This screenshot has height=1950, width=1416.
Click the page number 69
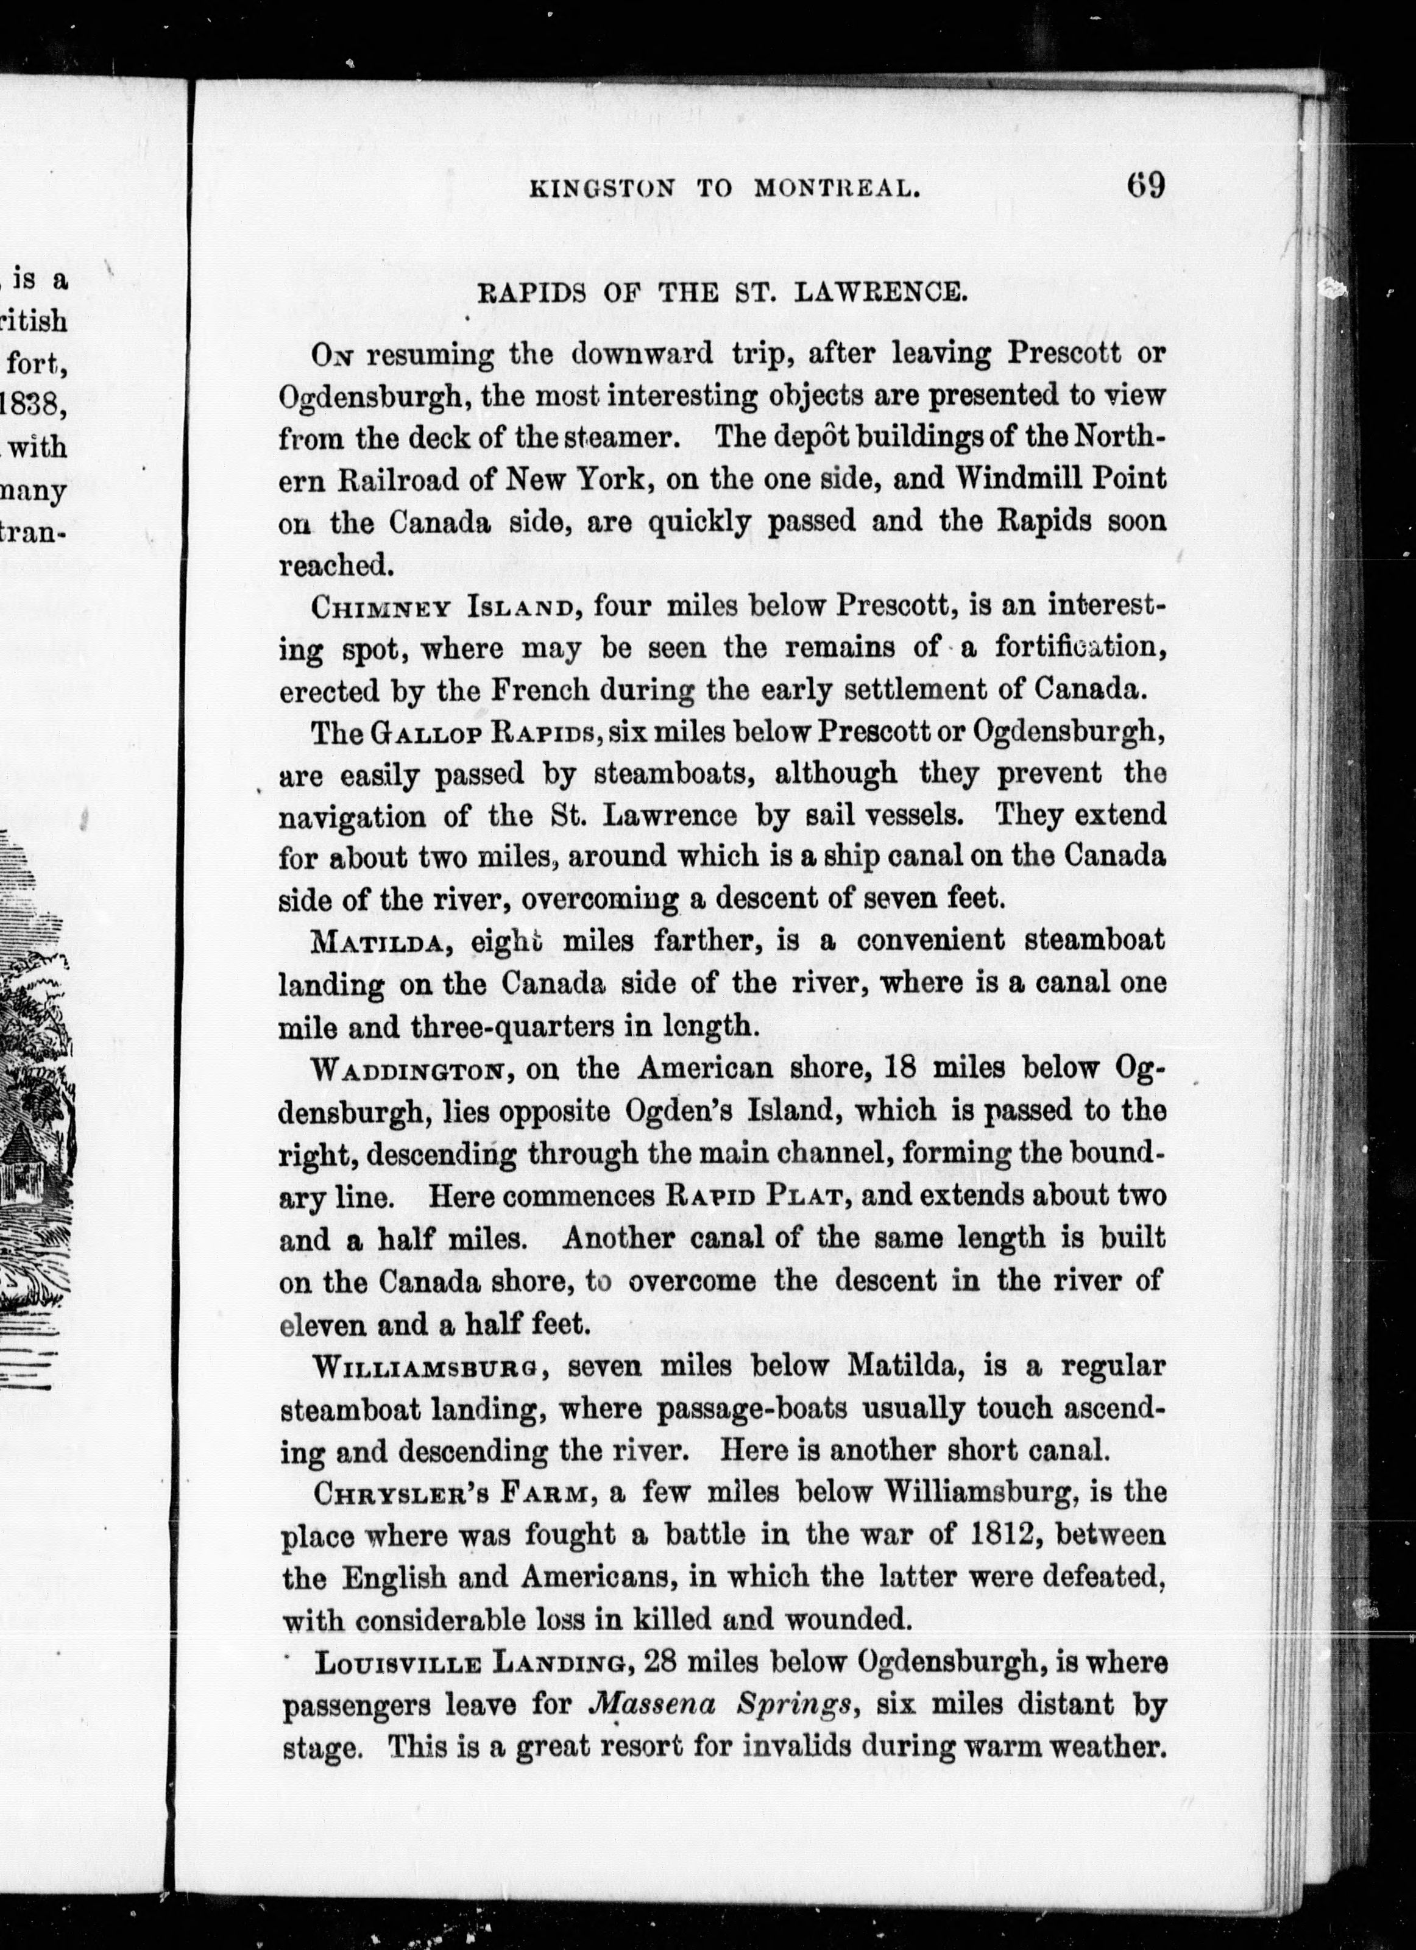click(1144, 186)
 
